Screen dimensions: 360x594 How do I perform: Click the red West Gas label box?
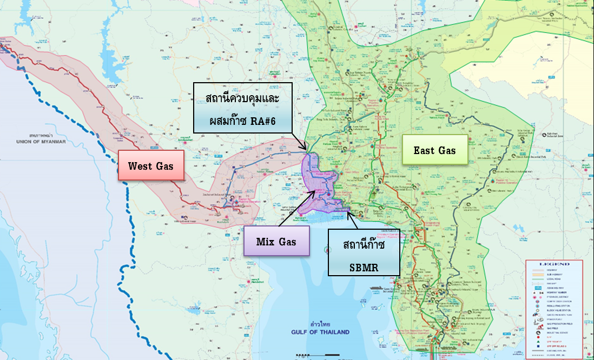pos(151,165)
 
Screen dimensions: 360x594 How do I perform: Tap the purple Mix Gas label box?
pos(276,241)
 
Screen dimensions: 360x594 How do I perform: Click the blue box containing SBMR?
pos(364,252)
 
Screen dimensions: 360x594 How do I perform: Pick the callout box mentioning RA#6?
pos(242,108)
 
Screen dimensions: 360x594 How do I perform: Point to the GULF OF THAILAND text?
pos(321,332)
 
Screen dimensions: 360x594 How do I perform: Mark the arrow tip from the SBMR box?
pos(348,212)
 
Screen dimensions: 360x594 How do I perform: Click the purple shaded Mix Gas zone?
pos(322,186)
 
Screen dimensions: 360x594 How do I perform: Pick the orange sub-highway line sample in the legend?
pos(538,275)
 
